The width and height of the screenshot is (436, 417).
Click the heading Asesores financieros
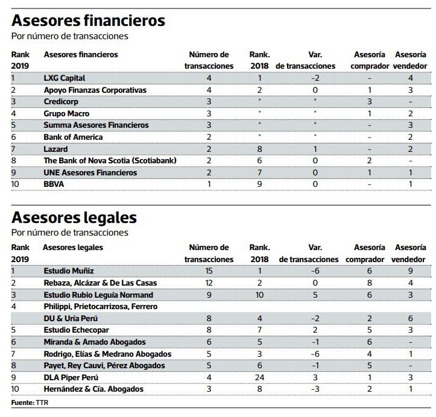pyautogui.click(x=88, y=21)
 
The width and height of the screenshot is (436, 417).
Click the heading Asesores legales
pyautogui.click(x=74, y=217)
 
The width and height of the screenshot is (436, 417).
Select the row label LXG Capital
pyautogui.click(x=65, y=78)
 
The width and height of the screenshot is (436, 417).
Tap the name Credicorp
pyautogui.click(x=61, y=102)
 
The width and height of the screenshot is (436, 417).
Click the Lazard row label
pyautogui.click(x=55, y=149)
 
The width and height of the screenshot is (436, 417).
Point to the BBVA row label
pyautogui.click(x=54, y=184)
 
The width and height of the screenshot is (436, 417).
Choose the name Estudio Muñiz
pyautogui.click(x=69, y=271)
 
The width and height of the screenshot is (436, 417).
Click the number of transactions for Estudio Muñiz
pyautogui.click(x=209, y=271)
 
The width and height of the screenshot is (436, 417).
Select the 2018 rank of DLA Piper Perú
pyautogui.click(x=260, y=378)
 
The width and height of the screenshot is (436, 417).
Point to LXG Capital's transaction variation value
pyautogui.click(x=314, y=78)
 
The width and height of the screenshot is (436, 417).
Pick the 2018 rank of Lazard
pyautogui.click(x=260, y=149)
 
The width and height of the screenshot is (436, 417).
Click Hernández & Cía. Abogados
pyautogui.click(x=93, y=389)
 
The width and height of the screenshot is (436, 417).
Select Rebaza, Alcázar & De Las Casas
pyautogui.click(x=100, y=283)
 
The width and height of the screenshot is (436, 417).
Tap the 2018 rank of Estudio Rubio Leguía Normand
pyautogui.click(x=260, y=295)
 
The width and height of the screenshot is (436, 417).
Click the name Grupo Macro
pyautogui.click(x=66, y=113)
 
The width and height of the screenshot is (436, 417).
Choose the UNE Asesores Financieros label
pyautogui.click(x=90, y=173)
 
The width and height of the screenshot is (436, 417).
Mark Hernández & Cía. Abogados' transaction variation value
pyautogui.click(x=314, y=389)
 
